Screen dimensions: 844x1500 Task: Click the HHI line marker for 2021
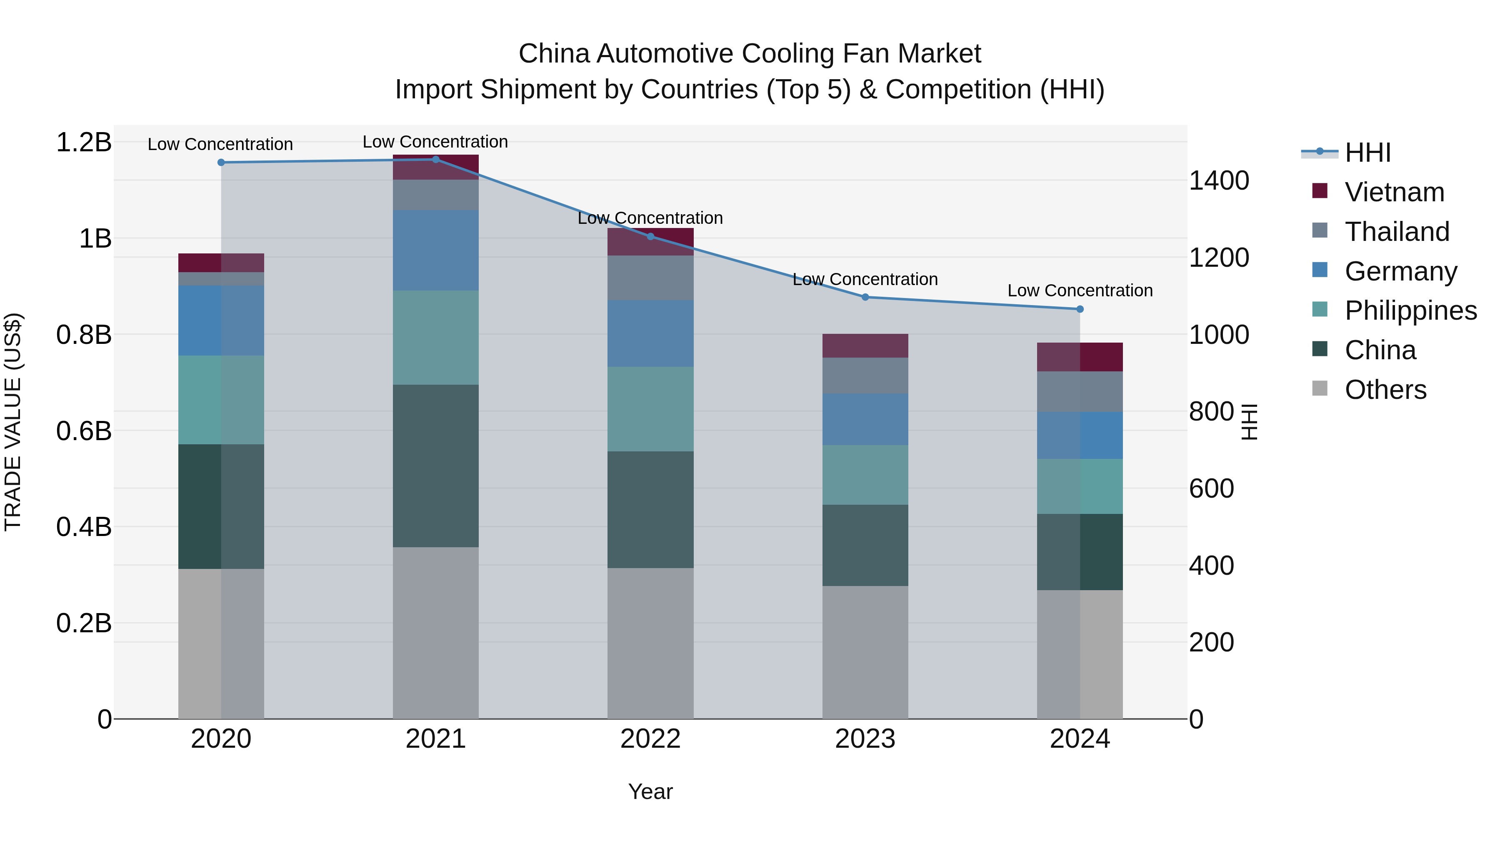click(435, 160)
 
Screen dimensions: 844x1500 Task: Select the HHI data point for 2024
click(1080, 309)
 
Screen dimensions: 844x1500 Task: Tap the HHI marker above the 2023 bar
click(865, 297)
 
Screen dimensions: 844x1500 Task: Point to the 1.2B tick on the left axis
click(84, 143)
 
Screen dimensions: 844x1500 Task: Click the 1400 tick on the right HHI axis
click(1219, 180)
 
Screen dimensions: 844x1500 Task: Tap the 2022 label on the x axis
click(650, 739)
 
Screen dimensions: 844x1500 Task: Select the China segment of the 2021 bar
click(435, 466)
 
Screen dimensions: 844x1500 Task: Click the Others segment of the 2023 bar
click(865, 652)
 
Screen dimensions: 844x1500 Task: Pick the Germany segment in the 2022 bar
click(650, 333)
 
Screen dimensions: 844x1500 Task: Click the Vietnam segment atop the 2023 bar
click(865, 346)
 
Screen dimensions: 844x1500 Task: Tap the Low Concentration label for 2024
click(1080, 291)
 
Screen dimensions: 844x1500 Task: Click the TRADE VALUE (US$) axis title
click(13, 422)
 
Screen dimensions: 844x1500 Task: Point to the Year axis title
click(650, 791)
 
